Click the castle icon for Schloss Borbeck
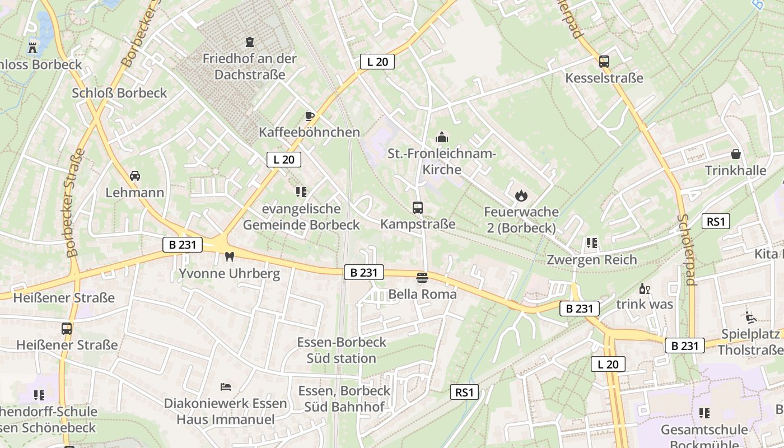32,47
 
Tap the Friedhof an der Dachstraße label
249,66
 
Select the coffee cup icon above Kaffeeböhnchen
309,116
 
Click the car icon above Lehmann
135,176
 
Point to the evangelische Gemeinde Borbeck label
301,217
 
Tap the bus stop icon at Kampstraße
418,208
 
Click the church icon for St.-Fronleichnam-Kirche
442,137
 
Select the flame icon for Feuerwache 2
521,195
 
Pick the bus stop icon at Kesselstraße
604,62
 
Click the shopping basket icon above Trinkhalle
735,154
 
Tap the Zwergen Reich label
592,260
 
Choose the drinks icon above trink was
645,289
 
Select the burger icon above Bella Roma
422,278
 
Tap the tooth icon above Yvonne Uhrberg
228,257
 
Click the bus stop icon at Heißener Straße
67,329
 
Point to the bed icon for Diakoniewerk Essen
226,387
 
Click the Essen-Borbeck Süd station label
342,350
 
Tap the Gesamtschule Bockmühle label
704,437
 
